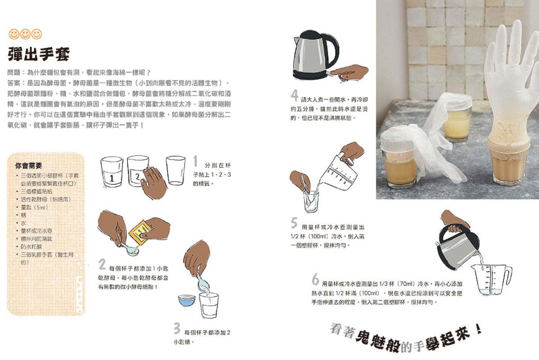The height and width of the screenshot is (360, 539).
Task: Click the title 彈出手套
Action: [x=39, y=54]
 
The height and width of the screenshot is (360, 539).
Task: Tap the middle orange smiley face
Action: [x=25, y=34]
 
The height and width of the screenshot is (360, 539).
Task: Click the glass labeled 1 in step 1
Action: [x=112, y=172]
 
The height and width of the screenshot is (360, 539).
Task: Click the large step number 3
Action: [x=177, y=328]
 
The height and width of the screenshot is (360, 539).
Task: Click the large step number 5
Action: [x=294, y=223]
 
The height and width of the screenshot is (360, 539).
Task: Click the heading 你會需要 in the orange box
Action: [x=29, y=166]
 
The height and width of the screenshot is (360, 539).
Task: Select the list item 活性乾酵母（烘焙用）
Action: [x=45, y=199]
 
